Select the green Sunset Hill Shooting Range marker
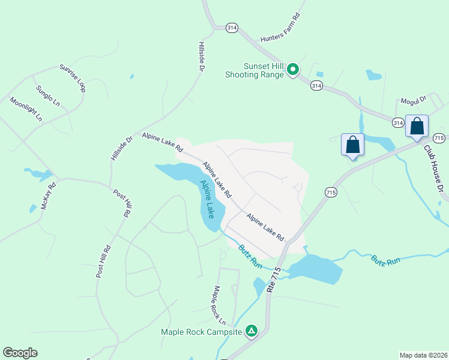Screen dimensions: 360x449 pyautogui.click(x=293, y=70)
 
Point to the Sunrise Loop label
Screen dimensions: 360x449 pyautogui.click(x=73, y=78)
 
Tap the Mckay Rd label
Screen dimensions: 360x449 pyautogui.click(x=48, y=196)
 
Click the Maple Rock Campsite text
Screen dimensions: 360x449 pyautogui.click(x=201, y=331)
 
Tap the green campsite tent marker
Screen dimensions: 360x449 pyautogui.click(x=252, y=331)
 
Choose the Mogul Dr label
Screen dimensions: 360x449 pyautogui.click(x=413, y=99)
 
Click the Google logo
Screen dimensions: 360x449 pyautogui.click(x=20, y=353)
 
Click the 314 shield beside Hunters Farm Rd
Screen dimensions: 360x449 pyautogui.click(x=232, y=28)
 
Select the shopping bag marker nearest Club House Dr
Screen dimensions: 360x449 pyautogui.click(x=417, y=127)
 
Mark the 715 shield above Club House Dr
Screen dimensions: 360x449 pyautogui.click(x=439, y=138)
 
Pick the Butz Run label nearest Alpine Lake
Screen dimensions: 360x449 pyautogui.click(x=250, y=256)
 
